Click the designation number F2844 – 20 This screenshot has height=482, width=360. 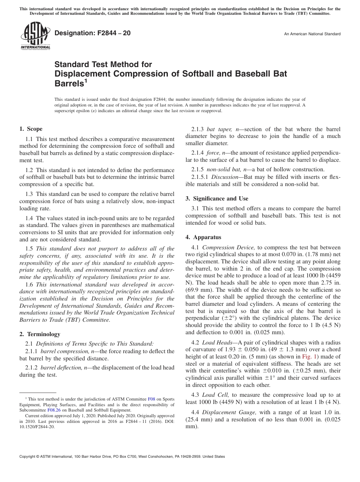click(93, 33)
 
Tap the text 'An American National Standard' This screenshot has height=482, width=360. click(312, 34)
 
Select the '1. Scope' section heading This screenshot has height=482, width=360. click(31, 129)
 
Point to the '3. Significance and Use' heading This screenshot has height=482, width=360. click(217, 199)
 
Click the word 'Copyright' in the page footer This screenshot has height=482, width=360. click(29, 457)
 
